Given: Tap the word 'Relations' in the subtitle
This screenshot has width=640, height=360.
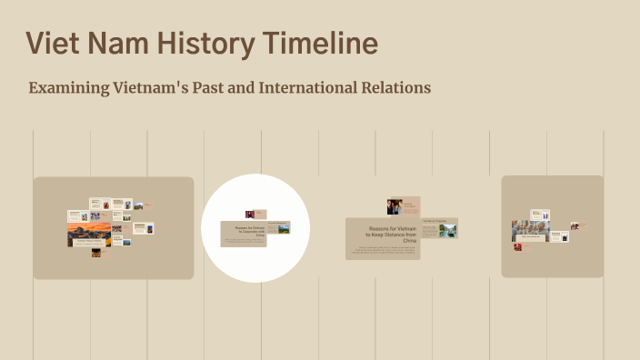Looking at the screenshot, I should coord(393,88).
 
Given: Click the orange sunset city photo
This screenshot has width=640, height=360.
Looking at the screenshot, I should coord(89,234).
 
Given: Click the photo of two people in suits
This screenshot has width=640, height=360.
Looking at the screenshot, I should coord(395,206).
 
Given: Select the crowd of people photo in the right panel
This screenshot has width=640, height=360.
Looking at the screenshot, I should coord(526,231).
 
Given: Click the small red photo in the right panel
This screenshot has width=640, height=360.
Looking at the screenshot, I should coord(517,246).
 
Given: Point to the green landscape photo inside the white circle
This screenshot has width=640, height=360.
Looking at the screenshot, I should coord(283,228).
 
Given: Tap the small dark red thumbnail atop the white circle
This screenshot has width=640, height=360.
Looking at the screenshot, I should coord(249,215).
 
